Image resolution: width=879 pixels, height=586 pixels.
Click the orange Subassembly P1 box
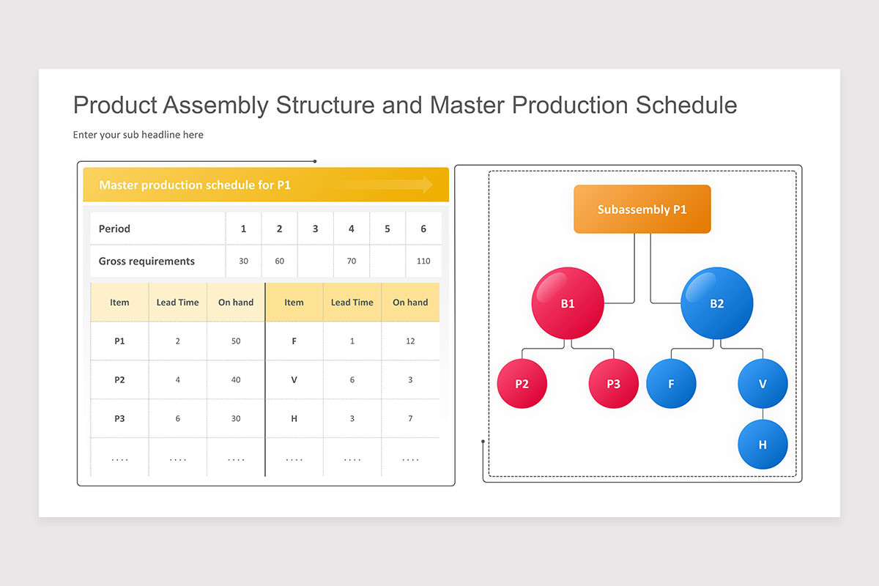click(642, 209)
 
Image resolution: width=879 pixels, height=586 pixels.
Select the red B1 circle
click(568, 303)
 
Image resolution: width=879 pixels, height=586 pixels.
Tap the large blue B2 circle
click(716, 303)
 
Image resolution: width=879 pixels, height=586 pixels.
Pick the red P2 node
click(522, 383)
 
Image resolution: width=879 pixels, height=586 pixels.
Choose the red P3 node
click(613, 383)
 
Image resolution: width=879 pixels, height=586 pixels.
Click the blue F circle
click(671, 383)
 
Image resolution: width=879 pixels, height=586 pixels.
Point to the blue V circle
click(763, 383)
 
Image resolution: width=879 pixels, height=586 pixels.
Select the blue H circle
click(763, 444)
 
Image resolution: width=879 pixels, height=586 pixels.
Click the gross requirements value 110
click(423, 262)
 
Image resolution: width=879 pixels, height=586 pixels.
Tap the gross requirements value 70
click(352, 262)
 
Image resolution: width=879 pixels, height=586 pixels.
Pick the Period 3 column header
click(315, 229)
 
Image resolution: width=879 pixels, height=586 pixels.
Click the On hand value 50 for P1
click(236, 341)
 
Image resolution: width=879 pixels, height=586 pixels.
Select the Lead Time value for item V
click(352, 380)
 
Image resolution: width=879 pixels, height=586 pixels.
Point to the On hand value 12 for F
click(410, 341)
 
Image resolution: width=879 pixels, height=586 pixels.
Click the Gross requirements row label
click(146, 262)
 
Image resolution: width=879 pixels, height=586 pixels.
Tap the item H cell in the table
click(294, 419)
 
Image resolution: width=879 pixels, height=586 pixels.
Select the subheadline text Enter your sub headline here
click(138, 135)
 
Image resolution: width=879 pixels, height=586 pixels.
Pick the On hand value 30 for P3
click(236, 419)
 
